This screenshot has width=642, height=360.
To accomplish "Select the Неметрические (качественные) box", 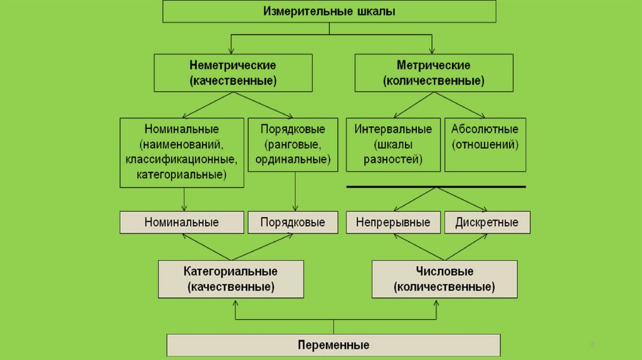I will pos(233,73).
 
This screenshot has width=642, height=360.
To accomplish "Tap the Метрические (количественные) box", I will pos(433,73).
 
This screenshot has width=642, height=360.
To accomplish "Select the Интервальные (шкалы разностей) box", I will pos(392,144).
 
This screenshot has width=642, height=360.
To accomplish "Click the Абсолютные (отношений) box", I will pos(485,144).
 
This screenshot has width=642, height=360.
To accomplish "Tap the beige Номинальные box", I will pos(181,222).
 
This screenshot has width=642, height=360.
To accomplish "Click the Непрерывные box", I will pos(392,222).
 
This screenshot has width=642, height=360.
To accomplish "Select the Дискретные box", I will pos(487,222).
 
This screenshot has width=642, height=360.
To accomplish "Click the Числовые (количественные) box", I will pos(445,279).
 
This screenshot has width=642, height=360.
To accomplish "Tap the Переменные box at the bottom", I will pos(333,345).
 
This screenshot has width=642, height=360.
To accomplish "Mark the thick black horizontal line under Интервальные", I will pos(436,186).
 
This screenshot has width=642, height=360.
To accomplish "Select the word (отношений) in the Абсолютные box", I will pos(485,144).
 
